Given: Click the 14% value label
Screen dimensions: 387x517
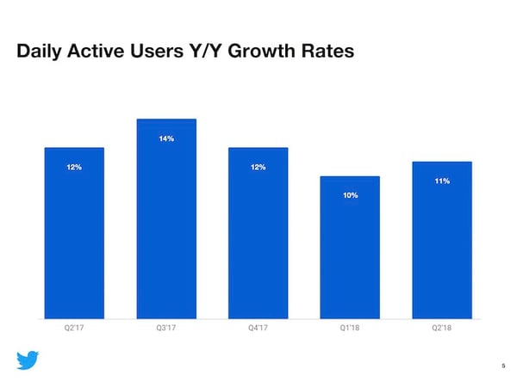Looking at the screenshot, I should click(166, 138).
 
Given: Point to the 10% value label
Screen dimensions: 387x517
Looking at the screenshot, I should click(350, 196).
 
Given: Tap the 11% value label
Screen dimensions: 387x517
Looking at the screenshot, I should click(442, 181).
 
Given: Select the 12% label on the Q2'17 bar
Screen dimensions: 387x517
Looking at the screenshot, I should click(74, 167).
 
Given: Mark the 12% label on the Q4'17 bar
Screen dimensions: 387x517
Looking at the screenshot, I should click(258, 167).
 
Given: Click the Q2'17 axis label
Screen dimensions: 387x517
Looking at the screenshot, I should click(74, 326).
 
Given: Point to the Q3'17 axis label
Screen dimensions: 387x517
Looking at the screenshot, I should click(166, 326).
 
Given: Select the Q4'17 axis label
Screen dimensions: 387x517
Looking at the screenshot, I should click(258, 326).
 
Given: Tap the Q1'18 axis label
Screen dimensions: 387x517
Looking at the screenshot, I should click(350, 326).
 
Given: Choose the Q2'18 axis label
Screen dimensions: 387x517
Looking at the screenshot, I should click(442, 326).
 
